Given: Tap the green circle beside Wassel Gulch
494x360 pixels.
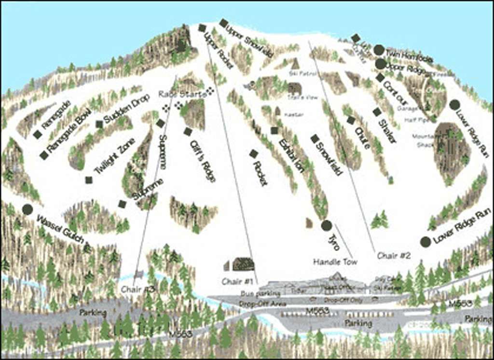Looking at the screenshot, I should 27,209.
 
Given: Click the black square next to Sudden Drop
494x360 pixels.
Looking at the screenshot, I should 99,124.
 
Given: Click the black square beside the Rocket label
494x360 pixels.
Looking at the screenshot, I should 254,153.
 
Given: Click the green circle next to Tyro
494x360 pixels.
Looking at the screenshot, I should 327,225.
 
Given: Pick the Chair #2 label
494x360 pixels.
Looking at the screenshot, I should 394,256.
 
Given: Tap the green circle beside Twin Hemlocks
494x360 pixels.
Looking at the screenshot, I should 379,50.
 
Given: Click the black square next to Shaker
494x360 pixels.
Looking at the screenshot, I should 377,112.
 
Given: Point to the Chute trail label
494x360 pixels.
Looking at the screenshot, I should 362,138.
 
